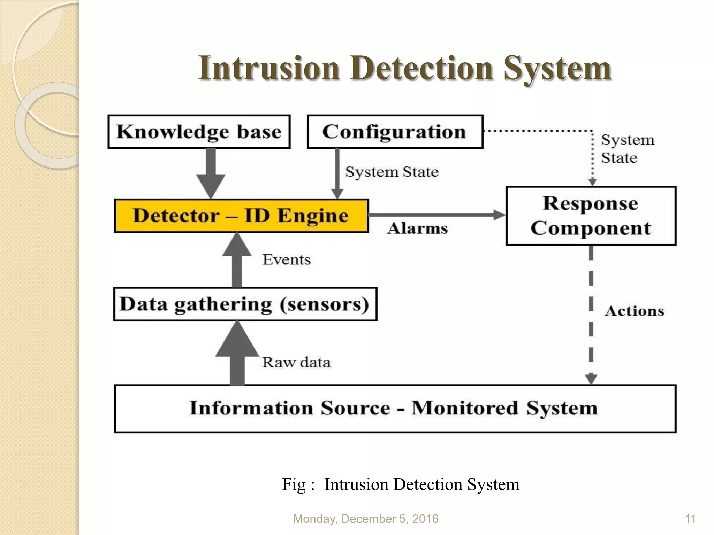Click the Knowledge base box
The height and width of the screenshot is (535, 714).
point(199,132)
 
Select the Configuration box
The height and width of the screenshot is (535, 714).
point(395,132)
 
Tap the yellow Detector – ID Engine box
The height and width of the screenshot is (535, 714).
point(241,216)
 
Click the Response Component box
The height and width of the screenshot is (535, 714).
point(591,216)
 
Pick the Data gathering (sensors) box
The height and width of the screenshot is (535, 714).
point(245,304)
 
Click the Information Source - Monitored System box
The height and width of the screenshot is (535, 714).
point(395,409)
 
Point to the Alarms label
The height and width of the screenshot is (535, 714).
point(417,229)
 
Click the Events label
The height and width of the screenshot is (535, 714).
point(286,260)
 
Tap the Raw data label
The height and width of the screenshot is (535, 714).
point(296,363)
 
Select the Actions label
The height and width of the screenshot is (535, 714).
point(634,311)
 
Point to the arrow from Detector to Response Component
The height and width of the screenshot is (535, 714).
point(436,215)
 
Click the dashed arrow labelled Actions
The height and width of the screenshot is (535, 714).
point(591,313)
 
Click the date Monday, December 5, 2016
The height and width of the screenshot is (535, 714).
point(365,519)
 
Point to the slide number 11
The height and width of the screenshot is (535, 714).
point(690,519)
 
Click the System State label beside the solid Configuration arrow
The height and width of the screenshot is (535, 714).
point(392,172)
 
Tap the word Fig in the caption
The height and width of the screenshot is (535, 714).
point(294,484)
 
